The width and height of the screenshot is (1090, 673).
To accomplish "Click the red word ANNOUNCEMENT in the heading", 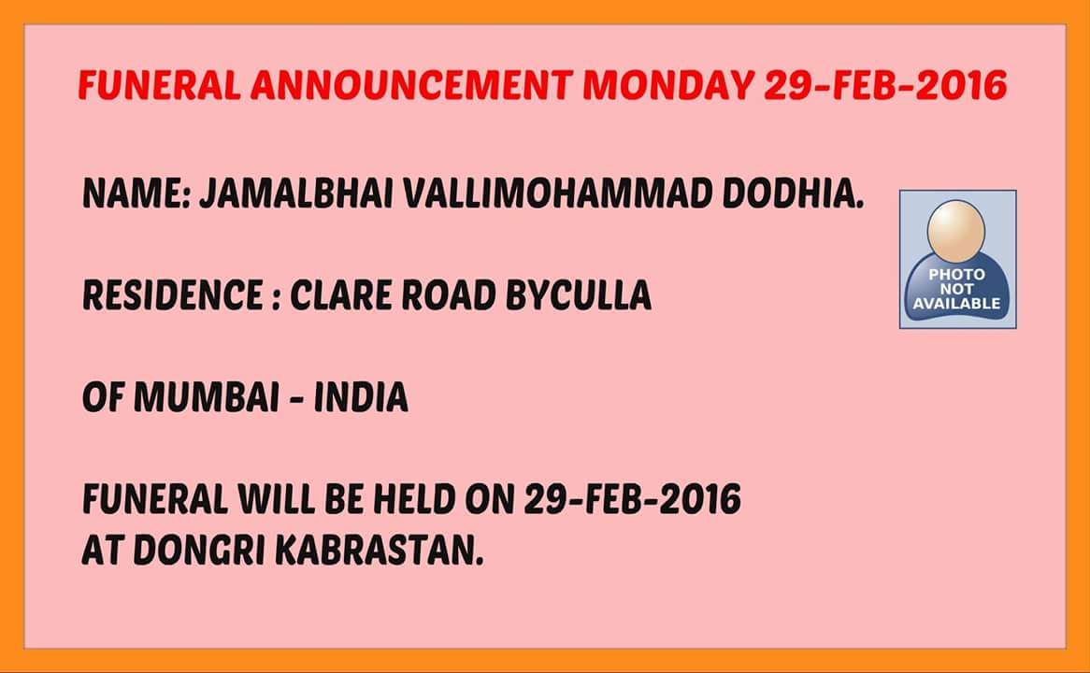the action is [411, 85].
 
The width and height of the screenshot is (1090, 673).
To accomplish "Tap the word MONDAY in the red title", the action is [668, 85].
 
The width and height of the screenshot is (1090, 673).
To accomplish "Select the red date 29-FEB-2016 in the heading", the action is [885, 85].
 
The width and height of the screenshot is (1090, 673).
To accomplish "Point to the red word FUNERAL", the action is [159, 85].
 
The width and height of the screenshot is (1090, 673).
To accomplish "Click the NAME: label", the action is [136, 194].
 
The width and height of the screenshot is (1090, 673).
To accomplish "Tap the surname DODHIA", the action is [793, 194].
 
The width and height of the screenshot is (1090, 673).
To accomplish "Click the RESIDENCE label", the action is [172, 295].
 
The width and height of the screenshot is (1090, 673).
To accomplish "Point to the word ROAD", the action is [449, 295].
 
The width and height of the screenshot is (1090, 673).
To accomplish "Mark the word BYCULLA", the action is [579, 295].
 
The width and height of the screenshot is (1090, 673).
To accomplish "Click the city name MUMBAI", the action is [207, 397].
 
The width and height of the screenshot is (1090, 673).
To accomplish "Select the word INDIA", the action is [361, 397].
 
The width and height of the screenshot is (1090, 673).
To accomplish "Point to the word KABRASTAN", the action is [379, 550].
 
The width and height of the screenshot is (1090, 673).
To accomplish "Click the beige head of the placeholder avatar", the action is [956, 232].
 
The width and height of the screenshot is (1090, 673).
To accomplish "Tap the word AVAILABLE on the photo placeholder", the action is [956, 304].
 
